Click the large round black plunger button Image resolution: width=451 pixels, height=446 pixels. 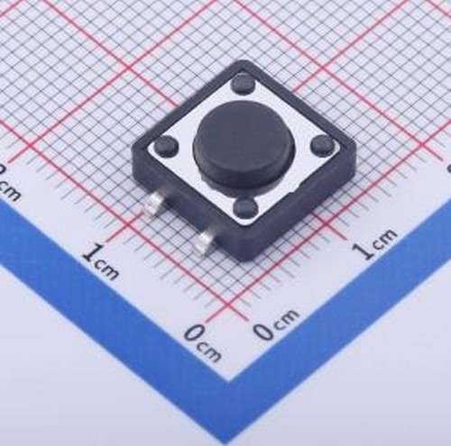[x=240, y=144]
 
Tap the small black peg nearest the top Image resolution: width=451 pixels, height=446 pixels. [x=243, y=84]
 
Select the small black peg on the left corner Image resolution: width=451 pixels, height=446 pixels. [x=165, y=146]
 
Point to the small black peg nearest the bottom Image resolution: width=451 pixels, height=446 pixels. [x=244, y=208]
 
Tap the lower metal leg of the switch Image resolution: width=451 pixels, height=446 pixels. [x=208, y=239]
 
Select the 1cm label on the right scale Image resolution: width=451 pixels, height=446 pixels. [x=373, y=243]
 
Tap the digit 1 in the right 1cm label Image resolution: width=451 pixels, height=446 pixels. [x=363, y=250]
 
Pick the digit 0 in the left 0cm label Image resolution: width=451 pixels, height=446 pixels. [x=192, y=336]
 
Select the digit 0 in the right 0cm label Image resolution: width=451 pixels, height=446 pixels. [x=262, y=332]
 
